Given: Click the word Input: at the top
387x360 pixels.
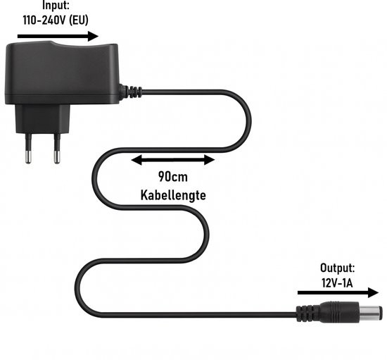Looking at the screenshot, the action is [56, 6].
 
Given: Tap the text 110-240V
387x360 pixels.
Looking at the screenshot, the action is [44, 20].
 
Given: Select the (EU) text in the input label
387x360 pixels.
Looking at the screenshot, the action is [79, 20].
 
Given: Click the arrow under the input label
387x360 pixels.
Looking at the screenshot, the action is [58, 37].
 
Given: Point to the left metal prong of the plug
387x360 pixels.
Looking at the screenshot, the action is [28, 149].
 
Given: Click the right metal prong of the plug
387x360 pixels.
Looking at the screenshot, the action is [57, 149].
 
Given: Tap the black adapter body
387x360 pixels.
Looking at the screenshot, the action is [62, 73].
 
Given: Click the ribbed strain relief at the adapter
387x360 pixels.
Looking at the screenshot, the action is [131, 92].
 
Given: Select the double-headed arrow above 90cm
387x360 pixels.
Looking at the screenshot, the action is [173, 160].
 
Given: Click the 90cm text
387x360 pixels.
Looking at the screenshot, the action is [173, 177].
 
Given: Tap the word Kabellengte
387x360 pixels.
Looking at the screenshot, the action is [173, 195].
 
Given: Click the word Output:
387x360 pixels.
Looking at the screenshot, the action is [337, 268].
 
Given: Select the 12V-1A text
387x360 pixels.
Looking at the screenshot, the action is [337, 283].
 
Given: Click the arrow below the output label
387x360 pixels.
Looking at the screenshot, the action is [338, 292].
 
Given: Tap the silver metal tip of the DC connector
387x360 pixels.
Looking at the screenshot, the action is [372, 313].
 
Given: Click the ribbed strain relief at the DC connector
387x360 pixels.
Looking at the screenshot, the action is [307, 314].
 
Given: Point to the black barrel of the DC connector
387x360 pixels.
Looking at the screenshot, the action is [338, 312].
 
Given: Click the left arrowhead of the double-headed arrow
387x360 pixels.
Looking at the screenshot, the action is [137, 160].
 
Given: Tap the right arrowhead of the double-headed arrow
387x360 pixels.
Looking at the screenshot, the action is [210, 160].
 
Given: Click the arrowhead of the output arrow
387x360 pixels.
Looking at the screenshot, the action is [374, 292].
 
